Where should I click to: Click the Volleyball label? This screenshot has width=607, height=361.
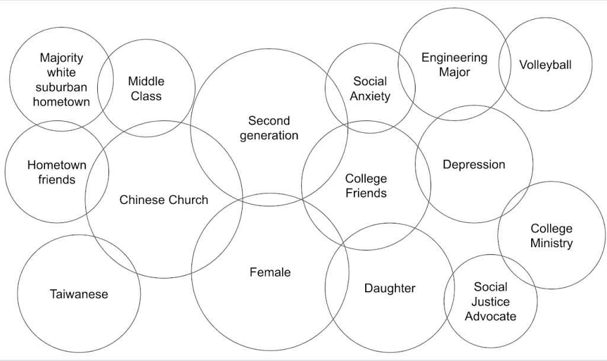point(545,65)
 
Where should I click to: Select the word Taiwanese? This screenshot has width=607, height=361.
point(79,294)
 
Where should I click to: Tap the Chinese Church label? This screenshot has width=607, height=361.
point(164,200)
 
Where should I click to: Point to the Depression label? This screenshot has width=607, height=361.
point(474,164)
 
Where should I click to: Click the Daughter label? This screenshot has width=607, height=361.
point(389,288)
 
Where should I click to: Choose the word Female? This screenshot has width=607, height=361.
point(270,272)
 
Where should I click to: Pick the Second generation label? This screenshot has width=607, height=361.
point(269,128)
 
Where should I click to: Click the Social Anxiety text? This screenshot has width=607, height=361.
point(370,88)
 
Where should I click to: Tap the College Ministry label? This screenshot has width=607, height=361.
point(551,235)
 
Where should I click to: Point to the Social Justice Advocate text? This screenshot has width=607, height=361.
point(490,301)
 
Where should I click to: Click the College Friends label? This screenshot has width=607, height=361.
point(366,186)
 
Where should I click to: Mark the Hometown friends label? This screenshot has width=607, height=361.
point(57,172)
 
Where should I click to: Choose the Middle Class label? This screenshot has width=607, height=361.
point(146,88)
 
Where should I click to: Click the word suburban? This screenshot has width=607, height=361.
point(61,87)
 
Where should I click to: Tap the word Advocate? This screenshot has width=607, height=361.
point(490,316)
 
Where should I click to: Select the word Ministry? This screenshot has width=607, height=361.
point(551,243)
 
